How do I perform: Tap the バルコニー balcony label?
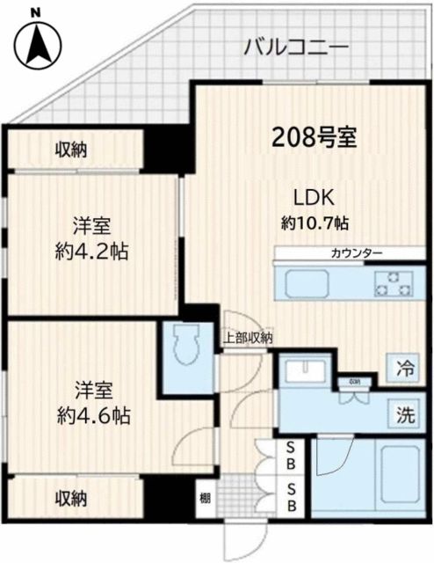coord(296,46)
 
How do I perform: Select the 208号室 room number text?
coord(314,137)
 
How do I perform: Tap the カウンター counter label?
coord(356,253)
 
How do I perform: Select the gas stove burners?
coord(392,283)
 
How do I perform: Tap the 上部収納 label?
coord(246,336)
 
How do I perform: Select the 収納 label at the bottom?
coord(72,499)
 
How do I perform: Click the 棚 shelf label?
coord(204,499)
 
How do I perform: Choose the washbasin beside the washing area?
coord(305,370)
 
